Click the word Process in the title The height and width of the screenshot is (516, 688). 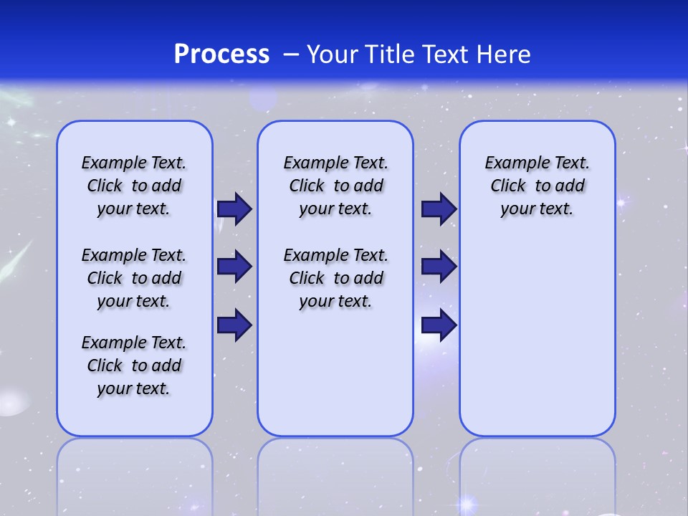(x=221, y=54)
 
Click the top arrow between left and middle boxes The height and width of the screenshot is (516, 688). (x=234, y=209)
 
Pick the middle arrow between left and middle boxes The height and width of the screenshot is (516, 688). (x=234, y=267)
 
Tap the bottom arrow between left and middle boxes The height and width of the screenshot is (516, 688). (x=234, y=325)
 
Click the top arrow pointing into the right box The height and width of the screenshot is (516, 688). (x=439, y=209)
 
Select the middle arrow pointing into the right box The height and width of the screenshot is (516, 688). (x=439, y=267)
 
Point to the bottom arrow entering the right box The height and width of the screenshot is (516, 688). (x=439, y=325)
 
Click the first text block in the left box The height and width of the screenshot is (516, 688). (x=134, y=186)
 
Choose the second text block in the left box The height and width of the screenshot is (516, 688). (x=134, y=278)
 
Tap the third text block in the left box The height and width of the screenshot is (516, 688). (x=134, y=365)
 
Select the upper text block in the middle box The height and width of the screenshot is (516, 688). (x=335, y=186)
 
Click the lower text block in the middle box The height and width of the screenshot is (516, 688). (x=335, y=278)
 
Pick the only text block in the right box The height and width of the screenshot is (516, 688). (x=537, y=186)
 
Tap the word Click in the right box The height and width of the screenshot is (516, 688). (x=508, y=186)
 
